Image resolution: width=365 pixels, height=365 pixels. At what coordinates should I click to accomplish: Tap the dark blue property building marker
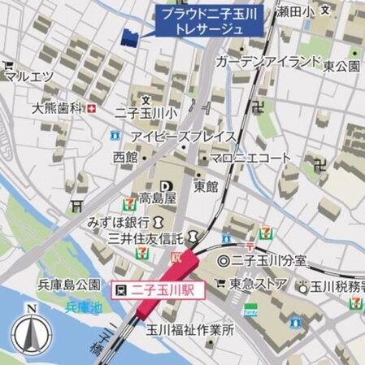point(128,37)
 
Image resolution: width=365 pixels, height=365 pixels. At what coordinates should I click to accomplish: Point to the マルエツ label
point(29,77)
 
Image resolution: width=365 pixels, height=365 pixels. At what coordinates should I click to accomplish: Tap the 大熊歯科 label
point(58,108)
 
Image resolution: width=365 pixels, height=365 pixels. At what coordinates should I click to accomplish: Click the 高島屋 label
point(157,198)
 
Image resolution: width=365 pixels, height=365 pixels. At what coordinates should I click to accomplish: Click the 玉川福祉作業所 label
point(189,331)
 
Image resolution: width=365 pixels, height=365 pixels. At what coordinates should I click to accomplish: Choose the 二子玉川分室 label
point(270,261)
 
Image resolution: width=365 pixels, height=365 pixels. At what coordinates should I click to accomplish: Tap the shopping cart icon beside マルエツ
point(7,65)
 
